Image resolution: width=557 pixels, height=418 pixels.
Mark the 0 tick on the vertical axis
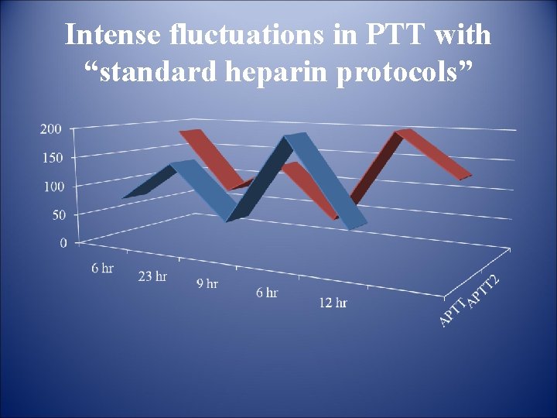point(62,242)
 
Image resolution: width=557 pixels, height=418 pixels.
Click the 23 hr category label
point(152,276)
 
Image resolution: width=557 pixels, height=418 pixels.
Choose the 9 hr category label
point(207,283)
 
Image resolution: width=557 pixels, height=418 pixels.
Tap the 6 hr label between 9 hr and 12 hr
point(266,293)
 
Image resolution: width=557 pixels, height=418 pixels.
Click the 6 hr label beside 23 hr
point(102,268)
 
